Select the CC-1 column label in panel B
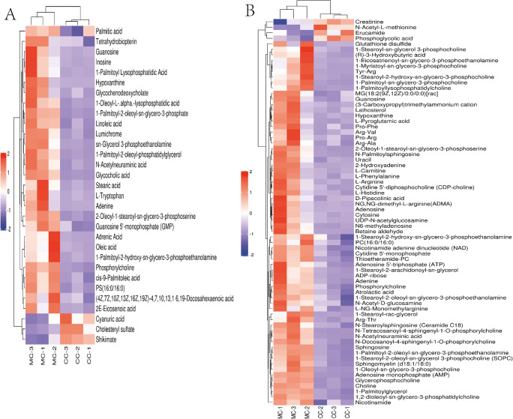pos(347,409)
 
